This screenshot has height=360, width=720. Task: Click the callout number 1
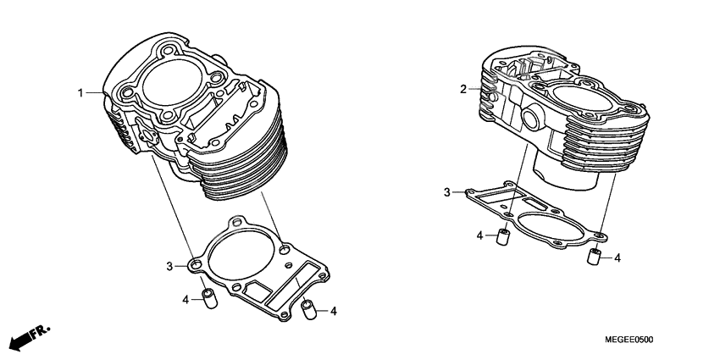(82, 92)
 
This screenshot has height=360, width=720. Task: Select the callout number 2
(463, 89)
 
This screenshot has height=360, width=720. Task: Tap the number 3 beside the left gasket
(169, 266)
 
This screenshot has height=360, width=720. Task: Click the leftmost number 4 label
(185, 299)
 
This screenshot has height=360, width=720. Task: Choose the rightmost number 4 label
(617, 258)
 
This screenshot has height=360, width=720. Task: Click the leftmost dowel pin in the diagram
(206, 300)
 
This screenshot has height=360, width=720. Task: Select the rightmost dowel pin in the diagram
(595, 257)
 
